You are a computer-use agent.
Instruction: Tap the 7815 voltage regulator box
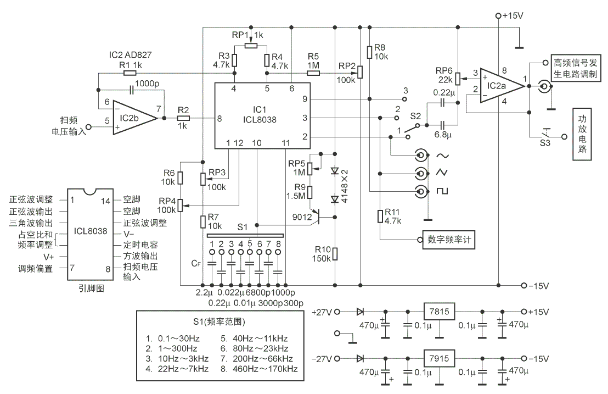439,311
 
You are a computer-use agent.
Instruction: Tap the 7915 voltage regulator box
439,358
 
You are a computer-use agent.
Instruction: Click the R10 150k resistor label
321,254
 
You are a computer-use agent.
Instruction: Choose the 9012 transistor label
302,218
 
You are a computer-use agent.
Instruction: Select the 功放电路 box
583,134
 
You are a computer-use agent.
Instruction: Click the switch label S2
415,116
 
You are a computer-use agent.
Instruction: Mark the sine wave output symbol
442,156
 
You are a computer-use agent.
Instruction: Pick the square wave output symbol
442,191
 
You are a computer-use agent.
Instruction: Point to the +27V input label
322,311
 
